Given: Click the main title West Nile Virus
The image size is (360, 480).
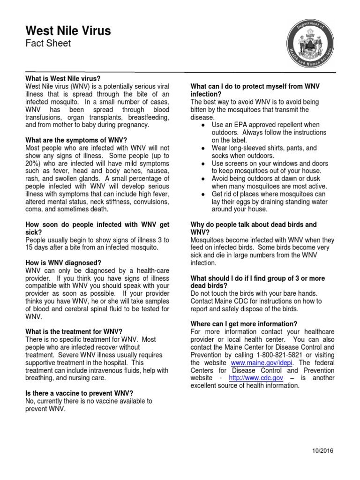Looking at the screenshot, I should [68, 31].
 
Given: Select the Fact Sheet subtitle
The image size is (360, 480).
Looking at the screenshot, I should [48, 44].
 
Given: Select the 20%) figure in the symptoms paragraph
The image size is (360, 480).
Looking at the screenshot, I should [35, 163].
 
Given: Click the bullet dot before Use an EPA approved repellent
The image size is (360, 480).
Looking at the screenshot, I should [202, 125].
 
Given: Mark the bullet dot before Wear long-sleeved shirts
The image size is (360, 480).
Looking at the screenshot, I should [202, 148].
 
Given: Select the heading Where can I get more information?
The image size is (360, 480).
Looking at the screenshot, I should [244, 324].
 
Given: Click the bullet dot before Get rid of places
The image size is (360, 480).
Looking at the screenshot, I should [202, 195].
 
